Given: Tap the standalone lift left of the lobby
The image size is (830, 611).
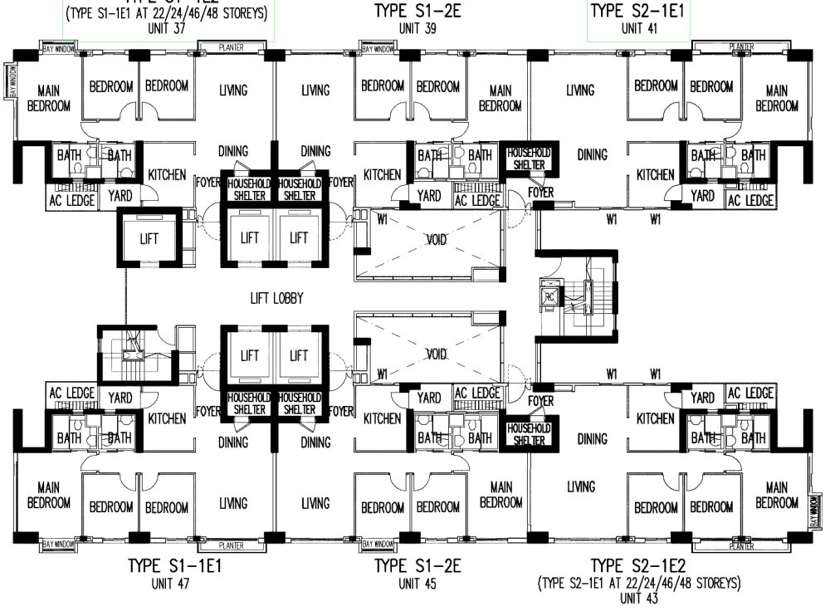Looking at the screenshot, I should (149, 238).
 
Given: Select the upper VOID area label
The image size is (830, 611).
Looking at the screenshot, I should (436, 240).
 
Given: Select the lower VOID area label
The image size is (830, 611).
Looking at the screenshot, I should (436, 354).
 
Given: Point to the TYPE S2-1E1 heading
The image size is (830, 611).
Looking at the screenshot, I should (637, 11).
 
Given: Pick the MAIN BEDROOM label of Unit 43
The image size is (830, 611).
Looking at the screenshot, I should (777, 495).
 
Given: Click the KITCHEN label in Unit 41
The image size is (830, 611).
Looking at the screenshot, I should (655, 175).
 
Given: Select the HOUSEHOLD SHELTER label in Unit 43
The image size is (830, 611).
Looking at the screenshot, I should (528, 434).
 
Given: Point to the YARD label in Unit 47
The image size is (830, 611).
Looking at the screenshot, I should (121, 398).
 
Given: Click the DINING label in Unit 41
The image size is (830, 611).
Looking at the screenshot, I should (592, 154).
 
